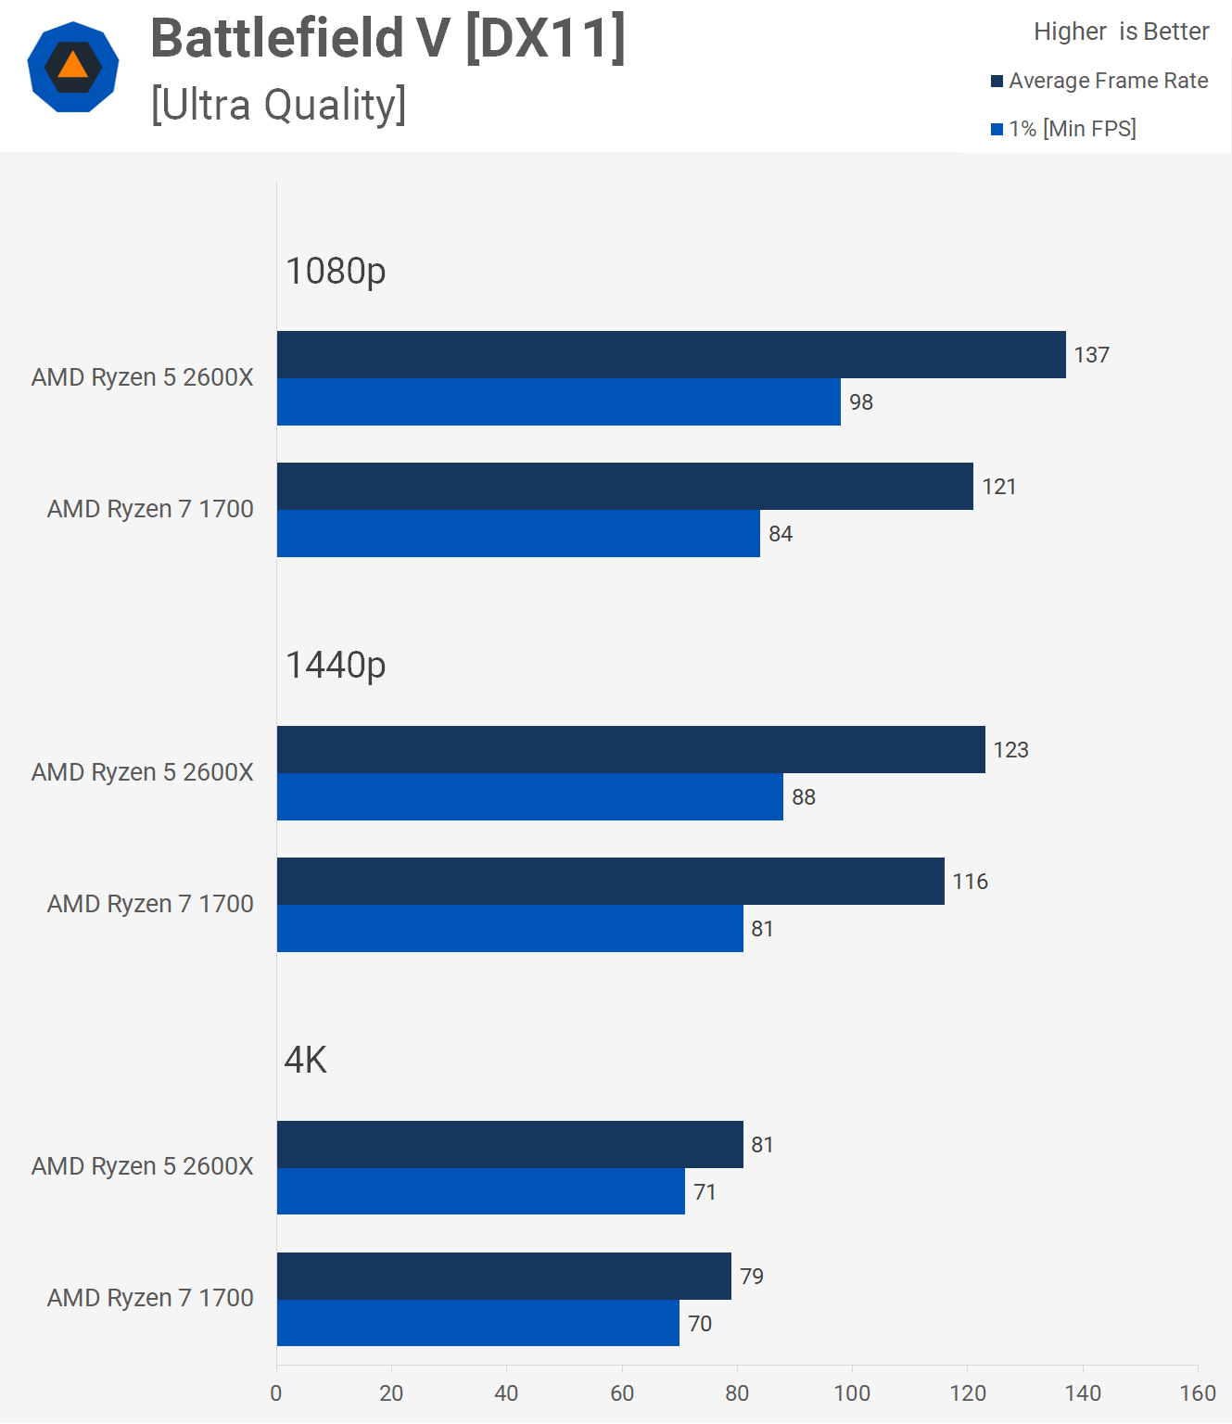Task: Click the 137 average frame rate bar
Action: tap(671, 354)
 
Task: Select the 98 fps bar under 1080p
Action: tap(558, 401)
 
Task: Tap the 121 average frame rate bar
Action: tap(625, 486)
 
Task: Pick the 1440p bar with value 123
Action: tap(630, 749)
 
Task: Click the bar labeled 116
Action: tap(610, 881)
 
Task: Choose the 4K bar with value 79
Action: tap(503, 1276)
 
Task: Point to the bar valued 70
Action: tap(477, 1323)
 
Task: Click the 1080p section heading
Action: tap(336, 271)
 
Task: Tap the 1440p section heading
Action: tap(336, 665)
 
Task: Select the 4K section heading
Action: tap(306, 1060)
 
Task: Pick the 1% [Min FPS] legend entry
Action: tap(1063, 129)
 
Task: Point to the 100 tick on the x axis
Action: tap(852, 1392)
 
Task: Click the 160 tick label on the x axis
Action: tap(1198, 1392)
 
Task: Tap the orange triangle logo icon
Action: tap(73, 67)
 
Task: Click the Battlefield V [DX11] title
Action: tap(387, 39)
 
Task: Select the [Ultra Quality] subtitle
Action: tap(278, 105)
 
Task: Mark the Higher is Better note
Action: tap(1121, 32)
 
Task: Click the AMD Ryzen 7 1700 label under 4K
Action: tap(150, 1298)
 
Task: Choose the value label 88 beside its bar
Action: tap(804, 797)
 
